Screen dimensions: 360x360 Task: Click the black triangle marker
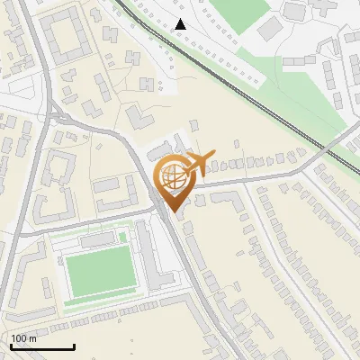click(x=181, y=24)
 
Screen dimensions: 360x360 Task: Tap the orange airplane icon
click(x=200, y=163)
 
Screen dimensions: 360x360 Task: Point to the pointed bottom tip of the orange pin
click(x=174, y=212)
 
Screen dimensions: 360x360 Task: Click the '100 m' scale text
click(x=24, y=337)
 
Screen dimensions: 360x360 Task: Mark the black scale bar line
click(x=41, y=346)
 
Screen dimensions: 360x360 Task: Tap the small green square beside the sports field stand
click(x=122, y=237)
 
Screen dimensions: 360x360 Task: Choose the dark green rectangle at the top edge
click(x=241, y=11)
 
